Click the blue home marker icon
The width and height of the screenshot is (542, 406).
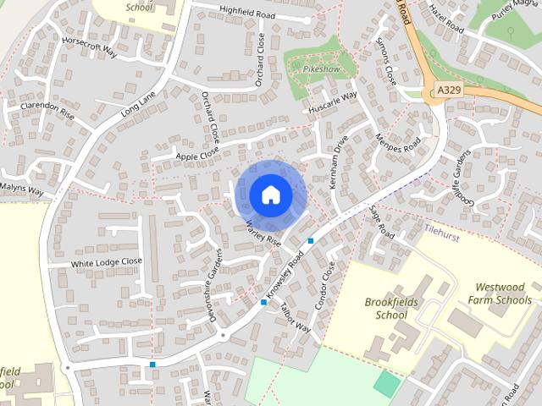(x=270, y=195)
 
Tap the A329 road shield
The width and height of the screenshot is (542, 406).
(x=448, y=89)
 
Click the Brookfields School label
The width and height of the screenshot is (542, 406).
(x=386, y=308)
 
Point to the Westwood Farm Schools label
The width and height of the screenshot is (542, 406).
(x=503, y=294)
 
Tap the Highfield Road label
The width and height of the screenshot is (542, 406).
(x=247, y=15)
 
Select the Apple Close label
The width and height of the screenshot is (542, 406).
(x=197, y=152)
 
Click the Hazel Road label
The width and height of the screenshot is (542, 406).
(x=446, y=17)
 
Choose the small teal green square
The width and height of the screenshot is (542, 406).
(x=386, y=383)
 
